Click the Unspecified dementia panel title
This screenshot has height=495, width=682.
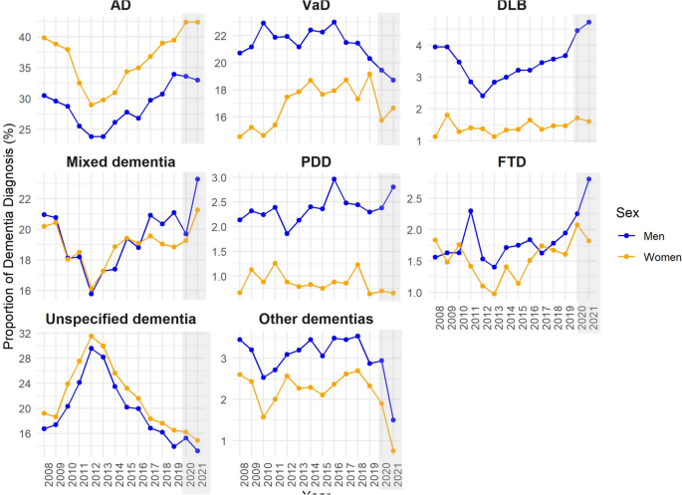point(118,319)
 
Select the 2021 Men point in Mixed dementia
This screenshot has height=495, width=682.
point(197,179)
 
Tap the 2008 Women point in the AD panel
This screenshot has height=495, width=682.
point(44,38)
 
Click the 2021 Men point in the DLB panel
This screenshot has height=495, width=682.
point(588,22)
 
